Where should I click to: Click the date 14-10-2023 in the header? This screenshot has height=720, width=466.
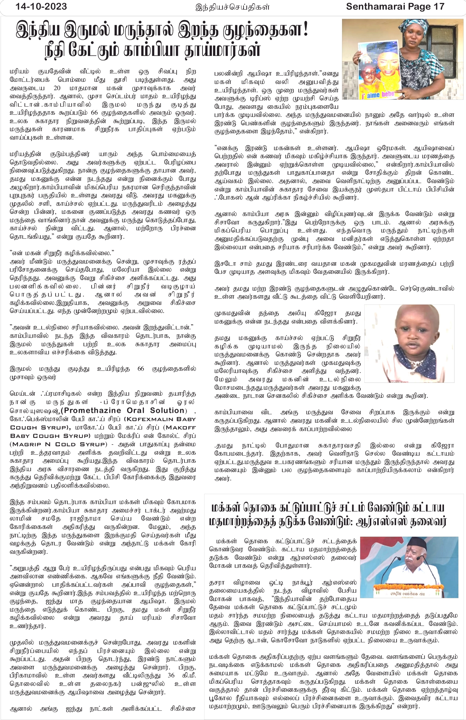point(41,7)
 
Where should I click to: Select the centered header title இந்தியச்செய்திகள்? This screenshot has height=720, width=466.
point(233,7)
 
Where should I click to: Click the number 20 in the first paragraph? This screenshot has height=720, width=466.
point(57,88)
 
